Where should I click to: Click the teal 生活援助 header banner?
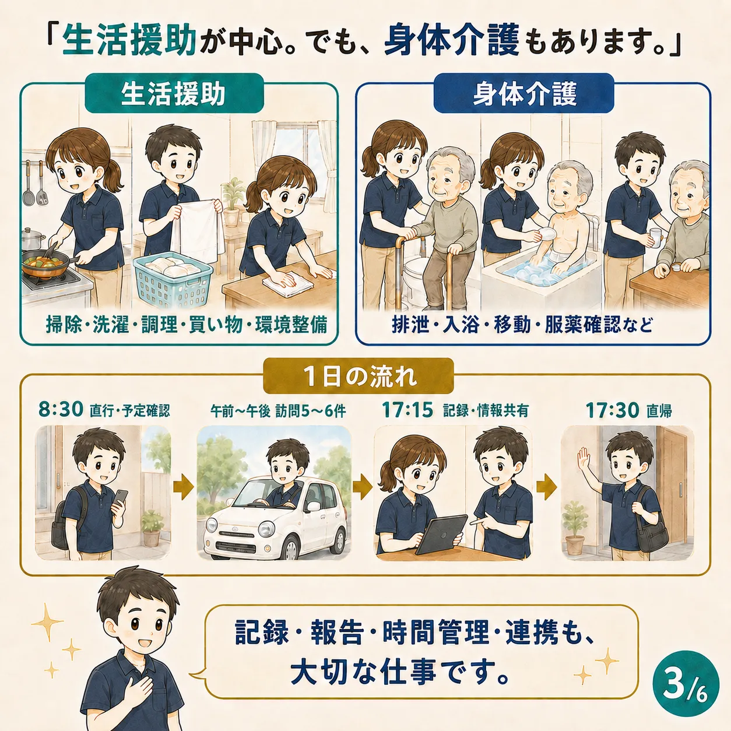(x=174, y=93)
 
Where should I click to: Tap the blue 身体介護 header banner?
(x=524, y=93)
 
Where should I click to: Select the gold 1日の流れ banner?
(x=359, y=376)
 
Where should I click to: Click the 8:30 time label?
(x=61, y=410)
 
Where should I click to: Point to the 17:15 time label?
(x=407, y=410)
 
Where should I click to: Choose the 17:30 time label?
(x=611, y=410)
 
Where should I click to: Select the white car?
(x=276, y=518)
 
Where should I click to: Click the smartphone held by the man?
(x=121, y=497)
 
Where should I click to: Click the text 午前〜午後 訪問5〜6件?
(x=278, y=412)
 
